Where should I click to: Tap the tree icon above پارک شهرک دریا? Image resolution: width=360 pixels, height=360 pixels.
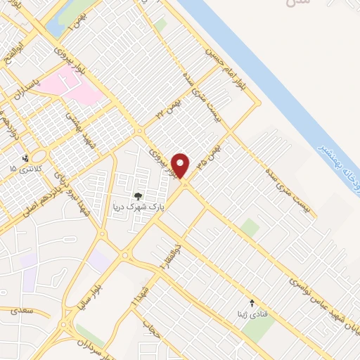pyautogui.click(x=138, y=176)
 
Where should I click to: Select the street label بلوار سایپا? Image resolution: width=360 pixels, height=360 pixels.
pyautogui.click(x=94, y=282)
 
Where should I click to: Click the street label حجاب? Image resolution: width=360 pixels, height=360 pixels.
pyautogui.click(x=149, y=326)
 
